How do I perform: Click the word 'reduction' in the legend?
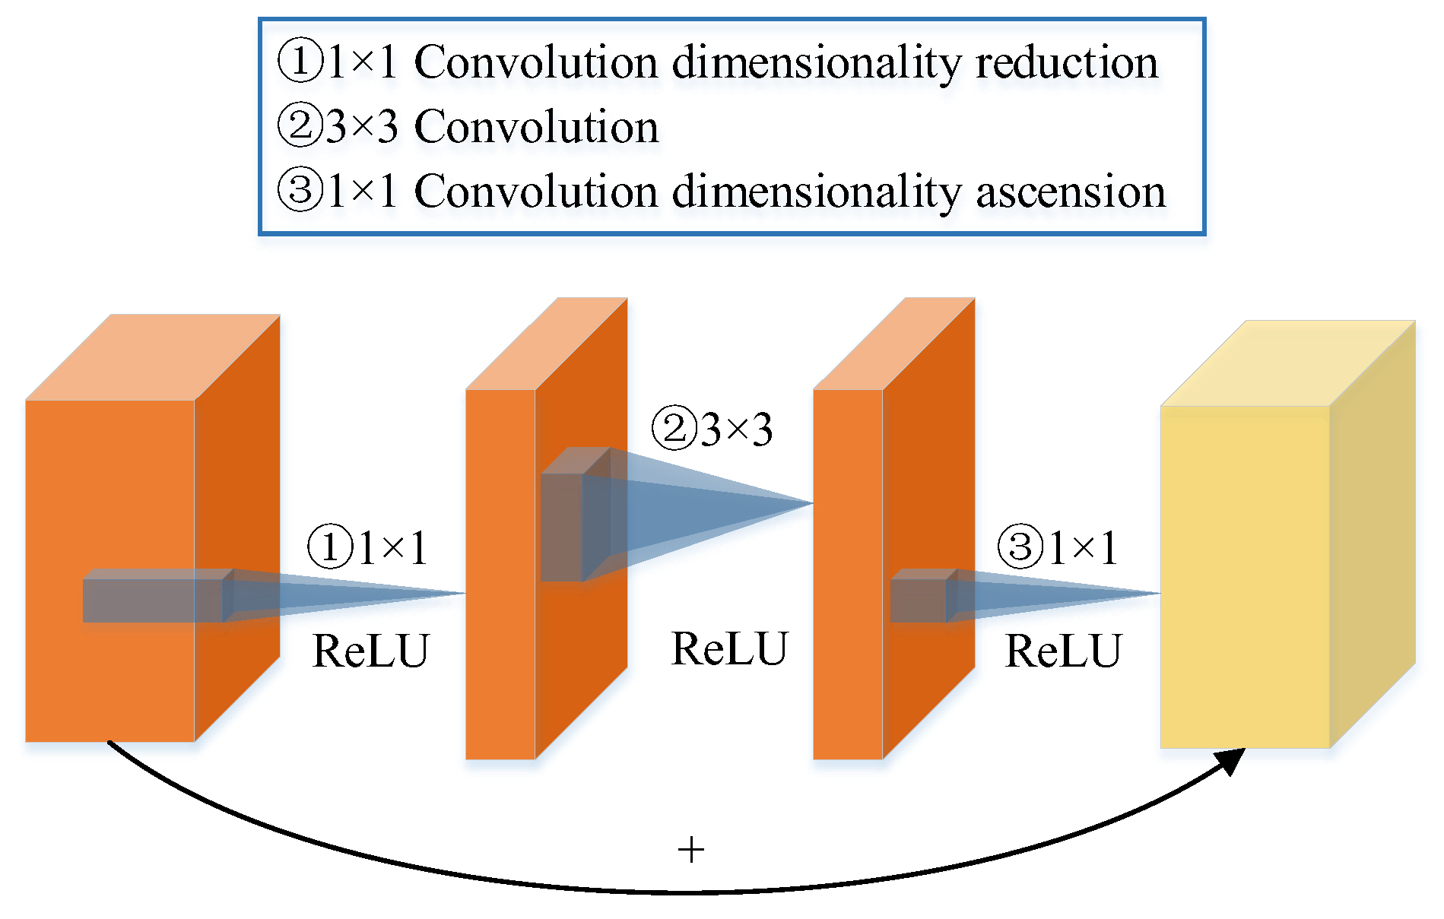tap(1066, 63)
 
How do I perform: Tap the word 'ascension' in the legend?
tap(1071, 192)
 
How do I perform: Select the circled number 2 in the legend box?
tap(300, 126)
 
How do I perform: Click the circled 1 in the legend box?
tap(300, 62)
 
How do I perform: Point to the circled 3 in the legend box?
tap(300, 190)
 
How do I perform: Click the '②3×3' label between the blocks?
tap(712, 429)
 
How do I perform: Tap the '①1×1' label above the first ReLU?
tap(368, 547)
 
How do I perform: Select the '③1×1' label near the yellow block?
tap(1058, 547)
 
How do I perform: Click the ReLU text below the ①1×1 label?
tap(371, 651)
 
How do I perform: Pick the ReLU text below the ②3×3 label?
tap(729, 649)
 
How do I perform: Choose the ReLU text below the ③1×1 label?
tap(1063, 651)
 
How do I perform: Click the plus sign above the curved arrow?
tap(690, 849)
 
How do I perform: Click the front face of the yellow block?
tap(1245, 578)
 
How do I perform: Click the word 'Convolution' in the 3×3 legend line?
tap(536, 127)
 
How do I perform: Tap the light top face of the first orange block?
tap(152, 357)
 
